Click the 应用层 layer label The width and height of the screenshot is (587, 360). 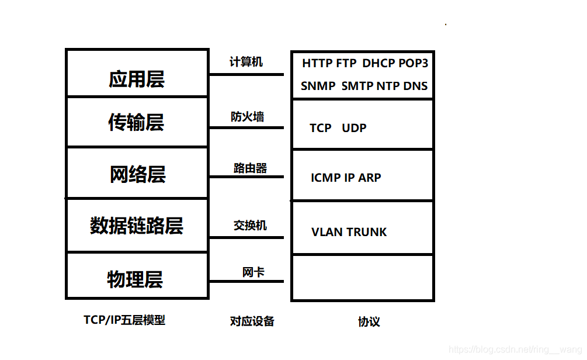pos(137,79)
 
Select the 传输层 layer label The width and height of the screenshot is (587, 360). pos(136,122)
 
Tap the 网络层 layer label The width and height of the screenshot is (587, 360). pos(138,174)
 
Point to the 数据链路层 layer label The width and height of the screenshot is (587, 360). pos(137,226)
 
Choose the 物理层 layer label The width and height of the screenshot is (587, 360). pos(135,279)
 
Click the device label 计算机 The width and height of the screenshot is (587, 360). pos(246,62)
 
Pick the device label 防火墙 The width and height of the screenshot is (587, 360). pos(248,116)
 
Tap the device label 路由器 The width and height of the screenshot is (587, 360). pos(250,168)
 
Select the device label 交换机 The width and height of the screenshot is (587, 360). pos(250,226)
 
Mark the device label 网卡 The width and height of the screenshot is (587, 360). pos(253,272)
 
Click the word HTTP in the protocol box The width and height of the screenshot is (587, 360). pos(317,63)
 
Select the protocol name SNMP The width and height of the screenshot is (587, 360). pos(318,86)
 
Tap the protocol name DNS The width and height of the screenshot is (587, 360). pos(415,86)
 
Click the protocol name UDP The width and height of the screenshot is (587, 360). pos(354,128)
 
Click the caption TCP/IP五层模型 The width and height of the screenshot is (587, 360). pos(124,320)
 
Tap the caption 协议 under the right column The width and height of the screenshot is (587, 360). pos(369,322)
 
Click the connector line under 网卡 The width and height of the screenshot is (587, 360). pos(246,281)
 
